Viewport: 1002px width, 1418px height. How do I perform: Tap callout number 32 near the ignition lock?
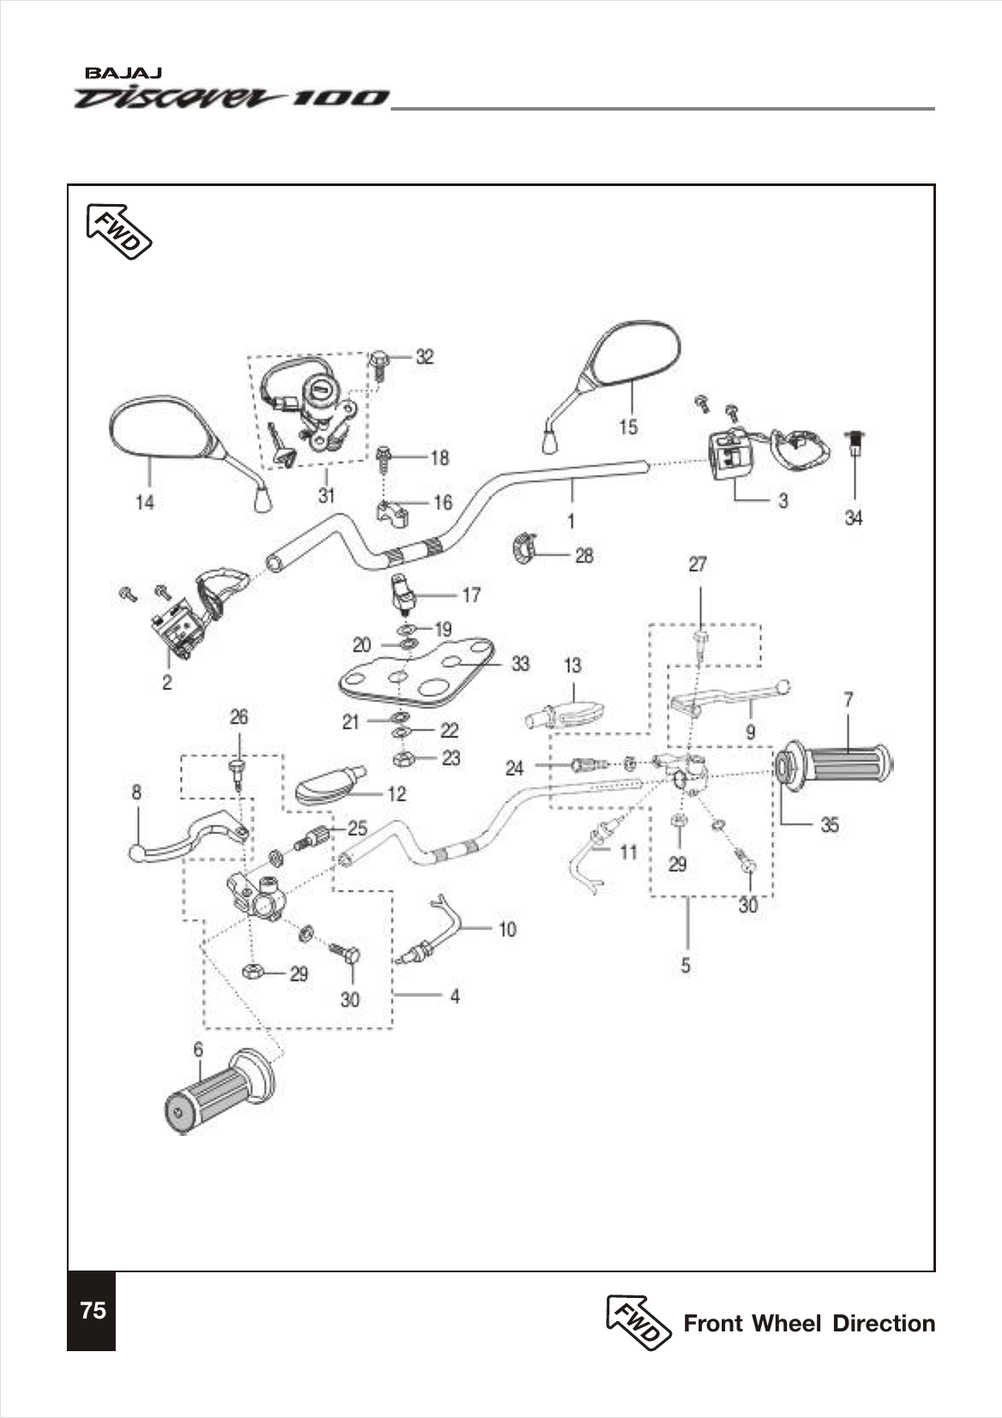[425, 357]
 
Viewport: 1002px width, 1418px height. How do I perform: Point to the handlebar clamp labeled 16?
[392, 514]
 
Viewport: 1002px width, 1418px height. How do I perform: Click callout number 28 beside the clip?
[584, 556]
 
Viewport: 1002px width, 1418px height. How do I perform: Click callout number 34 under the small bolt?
[854, 518]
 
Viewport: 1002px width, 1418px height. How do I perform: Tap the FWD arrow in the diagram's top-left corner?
[119, 231]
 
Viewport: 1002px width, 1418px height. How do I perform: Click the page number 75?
[93, 1310]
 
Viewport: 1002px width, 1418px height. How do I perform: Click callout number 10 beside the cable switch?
[507, 929]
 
